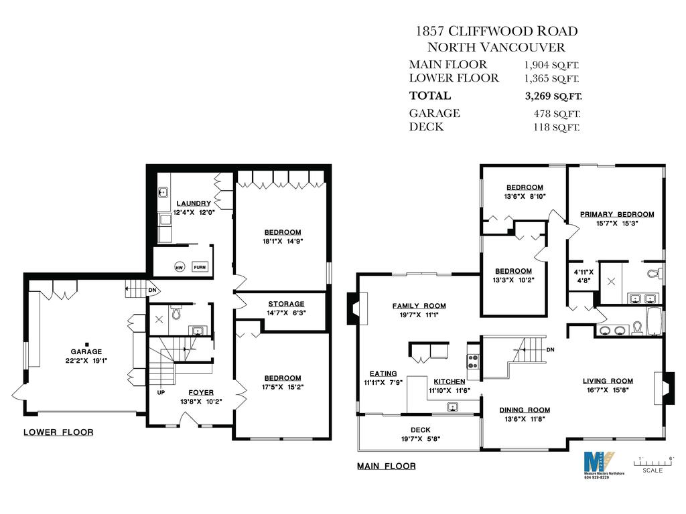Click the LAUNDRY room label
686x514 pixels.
tap(194, 203)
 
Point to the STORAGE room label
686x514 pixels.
tap(286, 304)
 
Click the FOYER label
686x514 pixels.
tap(200, 393)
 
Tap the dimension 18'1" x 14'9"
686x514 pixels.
tap(282, 242)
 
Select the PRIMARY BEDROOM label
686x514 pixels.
tap(616, 214)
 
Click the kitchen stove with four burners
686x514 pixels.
tap(472, 361)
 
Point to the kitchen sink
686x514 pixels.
tap(453, 406)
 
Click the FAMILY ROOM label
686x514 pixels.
tap(419, 306)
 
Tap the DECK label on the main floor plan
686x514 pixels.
tap(421, 430)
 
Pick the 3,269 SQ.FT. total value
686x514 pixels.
tap(553, 96)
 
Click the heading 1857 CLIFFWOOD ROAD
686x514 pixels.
tap(496, 31)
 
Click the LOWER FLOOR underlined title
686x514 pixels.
tap(58, 432)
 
